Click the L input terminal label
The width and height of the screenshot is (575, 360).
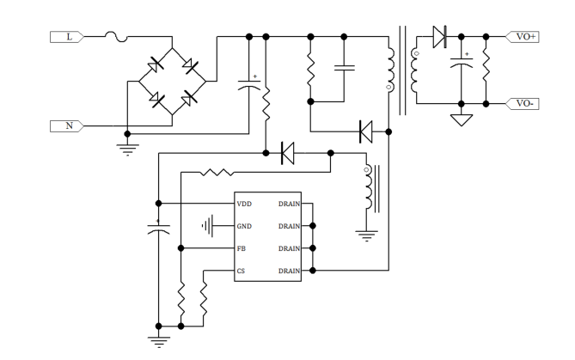click(x=69, y=37)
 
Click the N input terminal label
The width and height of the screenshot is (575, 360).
click(x=69, y=125)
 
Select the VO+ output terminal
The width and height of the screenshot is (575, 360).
click(x=525, y=37)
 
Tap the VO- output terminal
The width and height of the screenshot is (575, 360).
click(x=525, y=103)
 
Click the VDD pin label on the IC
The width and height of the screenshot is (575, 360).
click(x=245, y=204)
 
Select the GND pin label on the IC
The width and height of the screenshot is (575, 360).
click(x=245, y=227)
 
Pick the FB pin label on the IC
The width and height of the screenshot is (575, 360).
click(x=242, y=249)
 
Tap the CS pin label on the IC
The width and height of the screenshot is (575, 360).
click(x=242, y=271)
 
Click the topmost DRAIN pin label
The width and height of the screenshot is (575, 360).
click(x=289, y=204)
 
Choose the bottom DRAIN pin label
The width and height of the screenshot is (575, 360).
click(x=289, y=271)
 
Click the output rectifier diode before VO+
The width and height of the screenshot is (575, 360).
click(x=440, y=37)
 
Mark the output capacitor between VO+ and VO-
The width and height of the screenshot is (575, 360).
click(x=462, y=64)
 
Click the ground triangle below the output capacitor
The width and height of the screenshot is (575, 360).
click(x=462, y=118)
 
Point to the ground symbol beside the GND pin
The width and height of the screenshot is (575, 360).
click(x=207, y=227)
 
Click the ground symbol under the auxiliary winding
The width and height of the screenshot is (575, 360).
click(x=368, y=235)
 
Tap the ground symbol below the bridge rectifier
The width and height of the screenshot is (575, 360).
click(x=127, y=148)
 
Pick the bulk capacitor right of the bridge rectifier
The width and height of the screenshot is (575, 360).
click(x=249, y=84)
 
